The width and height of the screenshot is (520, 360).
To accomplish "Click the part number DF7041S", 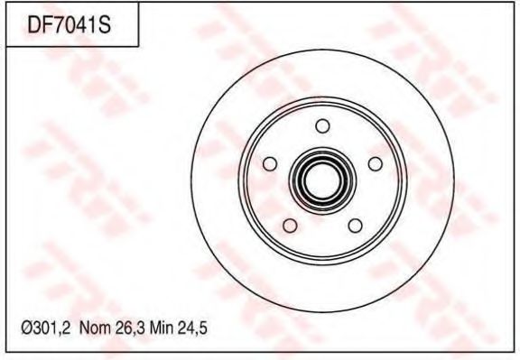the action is pyautogui.click(x=69, y=25).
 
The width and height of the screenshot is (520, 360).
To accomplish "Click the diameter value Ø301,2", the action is pyautogui.click(x=46, y=328).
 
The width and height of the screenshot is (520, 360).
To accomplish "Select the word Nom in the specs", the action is pyautogui.click(x=95, y=328).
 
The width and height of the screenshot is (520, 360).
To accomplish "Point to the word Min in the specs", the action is pyautogui.click(x=162, y=328).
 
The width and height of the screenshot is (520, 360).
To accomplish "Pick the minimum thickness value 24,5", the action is pyautogui.click(x=192, y=328).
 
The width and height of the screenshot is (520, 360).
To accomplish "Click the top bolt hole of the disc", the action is pyautogui.click(x=322, y=126).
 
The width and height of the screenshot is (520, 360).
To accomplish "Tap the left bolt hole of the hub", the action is pyautogui.click(x=270, y=163).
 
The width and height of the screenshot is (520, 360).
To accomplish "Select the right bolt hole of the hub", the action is pyautogui.click(x=375, y=163).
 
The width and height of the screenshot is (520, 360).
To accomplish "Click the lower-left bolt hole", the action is pyautogui.click(x=290, y=226).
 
